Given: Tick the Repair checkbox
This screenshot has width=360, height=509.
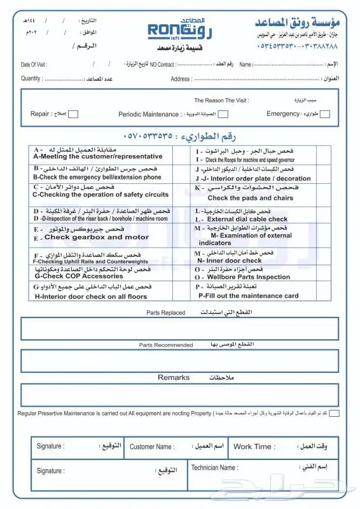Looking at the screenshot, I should coord(73,115).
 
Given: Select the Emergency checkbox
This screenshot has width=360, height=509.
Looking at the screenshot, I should coord(325,115).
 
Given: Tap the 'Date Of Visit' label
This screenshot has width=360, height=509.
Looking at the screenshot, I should coord(34,65).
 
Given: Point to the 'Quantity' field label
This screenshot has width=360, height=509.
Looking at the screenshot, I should coord(31,78).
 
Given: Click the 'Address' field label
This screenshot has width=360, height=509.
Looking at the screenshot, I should coord(181,79).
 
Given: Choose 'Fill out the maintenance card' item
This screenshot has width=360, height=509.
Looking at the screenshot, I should coord(248,296).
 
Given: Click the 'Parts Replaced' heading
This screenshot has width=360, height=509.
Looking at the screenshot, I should coord(165,313).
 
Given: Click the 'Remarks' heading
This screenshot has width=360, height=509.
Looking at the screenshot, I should coord(174,378).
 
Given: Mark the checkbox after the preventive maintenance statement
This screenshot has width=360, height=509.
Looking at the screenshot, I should coord(335,412).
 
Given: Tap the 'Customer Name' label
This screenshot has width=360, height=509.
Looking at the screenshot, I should coord(151,447).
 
